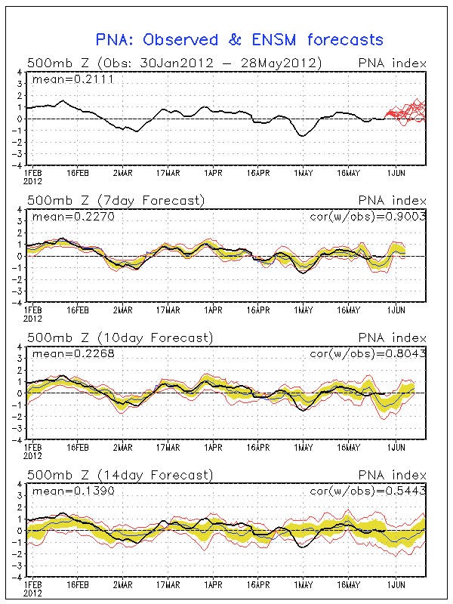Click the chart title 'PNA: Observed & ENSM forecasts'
point(239,40)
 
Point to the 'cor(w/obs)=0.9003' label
point(368,217)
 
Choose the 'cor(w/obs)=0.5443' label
point(368,492)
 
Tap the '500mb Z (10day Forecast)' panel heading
point(119,337)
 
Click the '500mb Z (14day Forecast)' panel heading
point(119,475)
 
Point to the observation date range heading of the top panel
point(174,63)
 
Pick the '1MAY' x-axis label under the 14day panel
point(304,585)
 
